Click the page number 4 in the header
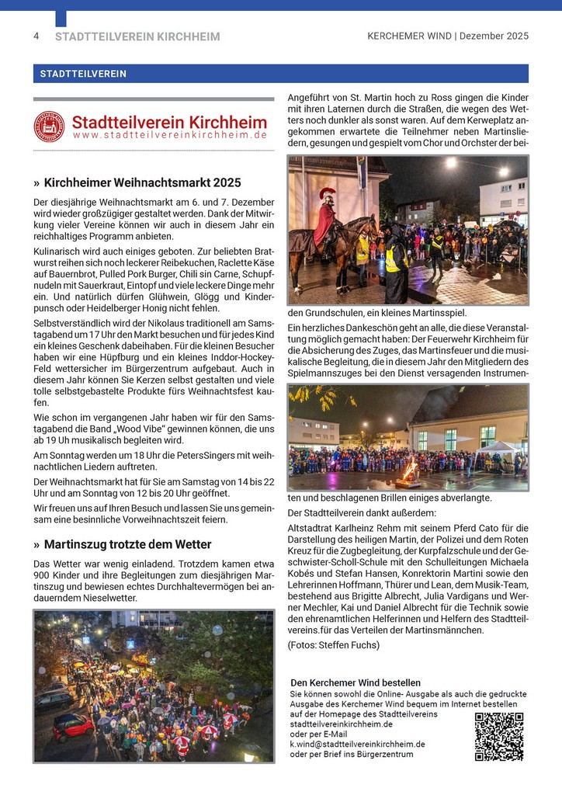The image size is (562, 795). coord(36,36)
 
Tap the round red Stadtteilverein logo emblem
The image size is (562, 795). coord(49,127)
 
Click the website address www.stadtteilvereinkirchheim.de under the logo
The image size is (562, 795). coord(170,135)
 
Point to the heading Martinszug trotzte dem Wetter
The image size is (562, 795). coord(127,544)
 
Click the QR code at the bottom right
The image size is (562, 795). coord(498,736)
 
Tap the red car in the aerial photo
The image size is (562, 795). coord(72,726)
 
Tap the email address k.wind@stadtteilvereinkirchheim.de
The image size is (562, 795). coord(357,744)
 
